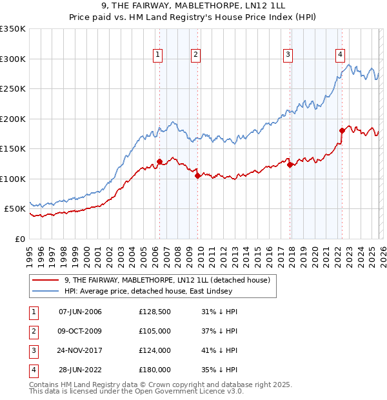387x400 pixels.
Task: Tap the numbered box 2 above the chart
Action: pyautogui.click(x=195, y=55)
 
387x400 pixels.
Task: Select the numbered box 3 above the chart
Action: pyautogui.click(x=288, y=55)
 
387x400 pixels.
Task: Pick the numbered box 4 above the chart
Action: pyautogui.click(x=340, y=55)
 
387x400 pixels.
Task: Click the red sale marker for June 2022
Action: pyautogui.click(x=342, y=131)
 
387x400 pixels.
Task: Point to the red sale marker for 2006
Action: pyautogui.click(x=159, y=162)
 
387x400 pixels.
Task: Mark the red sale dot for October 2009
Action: pyautogui.click(x=197, y=175)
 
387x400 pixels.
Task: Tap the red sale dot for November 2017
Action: pyautogui.click(x=290, y=165)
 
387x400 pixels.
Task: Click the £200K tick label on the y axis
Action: pyautogui.click(x=13, y=119)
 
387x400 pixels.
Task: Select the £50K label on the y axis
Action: pyautogui.click(x=15, y=209)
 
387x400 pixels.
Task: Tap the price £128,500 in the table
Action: pyautogui.click(x=154, y=312)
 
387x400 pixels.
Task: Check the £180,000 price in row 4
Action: pyautogui.click(x=154, y=370)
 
